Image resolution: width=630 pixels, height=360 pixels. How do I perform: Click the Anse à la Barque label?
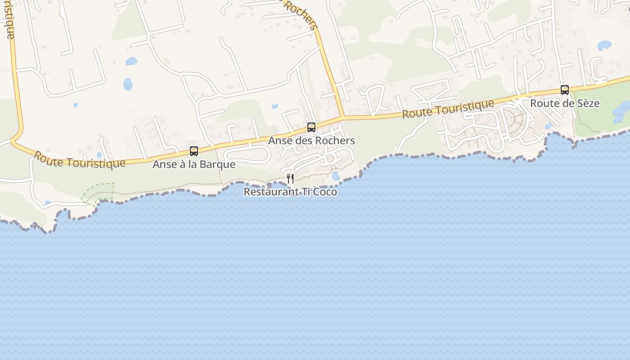point(193,164)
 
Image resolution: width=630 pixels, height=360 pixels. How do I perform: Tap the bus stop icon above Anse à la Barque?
point(194,151)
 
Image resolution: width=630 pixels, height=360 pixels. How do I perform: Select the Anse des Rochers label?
point(311,140)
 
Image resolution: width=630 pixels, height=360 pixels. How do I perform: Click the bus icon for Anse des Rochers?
point(311,127)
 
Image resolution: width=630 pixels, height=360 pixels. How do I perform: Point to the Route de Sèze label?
point(564,103)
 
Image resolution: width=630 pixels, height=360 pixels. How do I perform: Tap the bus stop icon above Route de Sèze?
point(564,90)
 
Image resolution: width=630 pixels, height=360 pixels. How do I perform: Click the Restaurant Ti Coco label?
point(290,192)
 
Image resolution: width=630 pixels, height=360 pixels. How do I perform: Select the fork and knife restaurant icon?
point(290,179)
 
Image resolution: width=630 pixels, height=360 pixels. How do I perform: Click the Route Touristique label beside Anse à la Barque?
point(79,160)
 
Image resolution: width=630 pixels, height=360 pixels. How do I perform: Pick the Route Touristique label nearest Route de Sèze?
point(448,109)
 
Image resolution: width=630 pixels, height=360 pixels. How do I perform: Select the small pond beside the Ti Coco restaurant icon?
point(336,176)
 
